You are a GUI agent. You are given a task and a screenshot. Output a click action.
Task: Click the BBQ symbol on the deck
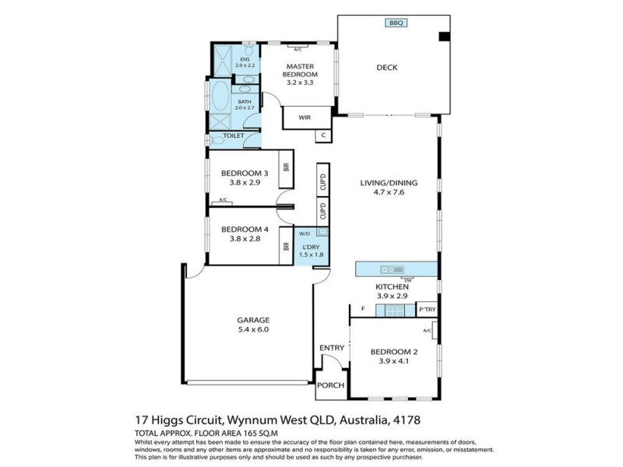click(x=397, y=23)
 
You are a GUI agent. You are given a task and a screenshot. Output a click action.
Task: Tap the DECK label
click(x=387, y=68)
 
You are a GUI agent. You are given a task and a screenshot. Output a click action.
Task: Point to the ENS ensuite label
click(x=245, y=59)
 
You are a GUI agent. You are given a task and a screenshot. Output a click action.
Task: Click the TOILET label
click(x=234, y=136)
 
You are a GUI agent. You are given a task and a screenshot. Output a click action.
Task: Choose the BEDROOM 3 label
click(x=245, y=173)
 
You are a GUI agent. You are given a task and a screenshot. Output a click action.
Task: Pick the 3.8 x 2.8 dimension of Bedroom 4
click(x=245, y=240)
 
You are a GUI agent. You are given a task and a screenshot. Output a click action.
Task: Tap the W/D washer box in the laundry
click(x=304, y=233)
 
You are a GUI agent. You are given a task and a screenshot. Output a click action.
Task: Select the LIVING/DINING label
click(x=389, y=184)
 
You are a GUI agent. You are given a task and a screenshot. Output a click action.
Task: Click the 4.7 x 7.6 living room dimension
click(x=389, y=194)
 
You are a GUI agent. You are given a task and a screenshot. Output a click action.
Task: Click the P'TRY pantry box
click(x=427, y=311)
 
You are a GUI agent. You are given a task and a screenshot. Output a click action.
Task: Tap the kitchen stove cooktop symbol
click(x=394, y=311)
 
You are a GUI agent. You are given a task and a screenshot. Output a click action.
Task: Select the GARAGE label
click(x=253, y=320)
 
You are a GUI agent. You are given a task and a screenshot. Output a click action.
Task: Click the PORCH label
click(x=331, y=386)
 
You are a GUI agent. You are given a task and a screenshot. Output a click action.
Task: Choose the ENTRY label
click(x=331, y=348)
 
